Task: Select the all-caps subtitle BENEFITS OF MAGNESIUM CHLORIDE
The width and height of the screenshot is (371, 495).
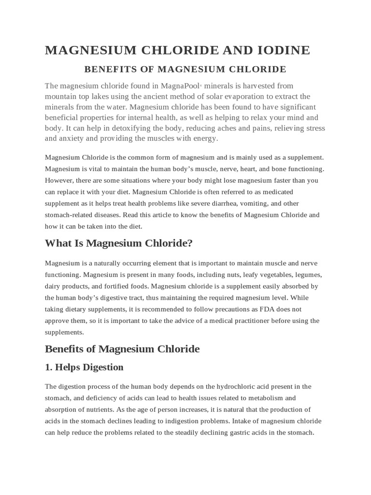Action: click(x=185, y=69)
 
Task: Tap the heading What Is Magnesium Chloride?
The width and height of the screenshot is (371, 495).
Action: click(x=118, y=243)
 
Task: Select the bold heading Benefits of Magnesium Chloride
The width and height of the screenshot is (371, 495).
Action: click(x=122, y=349)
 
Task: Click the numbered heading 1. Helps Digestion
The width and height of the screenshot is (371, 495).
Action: click(x=84, y=367)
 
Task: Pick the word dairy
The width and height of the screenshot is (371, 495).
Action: click(x=53, y=286)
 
